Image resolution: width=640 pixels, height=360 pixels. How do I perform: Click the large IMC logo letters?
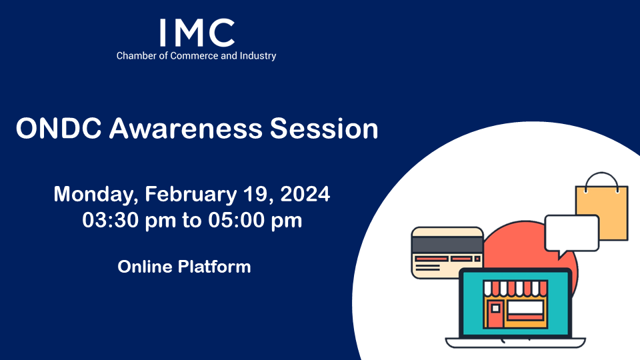197,33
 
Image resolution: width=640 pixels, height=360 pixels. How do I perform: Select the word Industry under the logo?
257,56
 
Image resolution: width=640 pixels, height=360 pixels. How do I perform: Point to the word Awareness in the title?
186,129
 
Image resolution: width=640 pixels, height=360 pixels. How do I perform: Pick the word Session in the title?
324,129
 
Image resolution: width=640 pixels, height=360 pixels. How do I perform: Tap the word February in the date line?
191,194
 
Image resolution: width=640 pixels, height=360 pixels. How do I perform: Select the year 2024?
305,194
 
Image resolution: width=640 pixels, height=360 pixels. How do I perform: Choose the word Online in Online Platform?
145,267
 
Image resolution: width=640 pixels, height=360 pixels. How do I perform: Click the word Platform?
214,267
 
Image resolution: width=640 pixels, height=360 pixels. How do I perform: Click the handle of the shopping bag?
601,174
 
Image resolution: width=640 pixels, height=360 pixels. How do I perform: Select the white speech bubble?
572,234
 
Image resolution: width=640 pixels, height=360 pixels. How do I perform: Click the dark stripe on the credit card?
447,245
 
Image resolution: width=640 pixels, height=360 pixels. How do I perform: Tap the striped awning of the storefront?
515,288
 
